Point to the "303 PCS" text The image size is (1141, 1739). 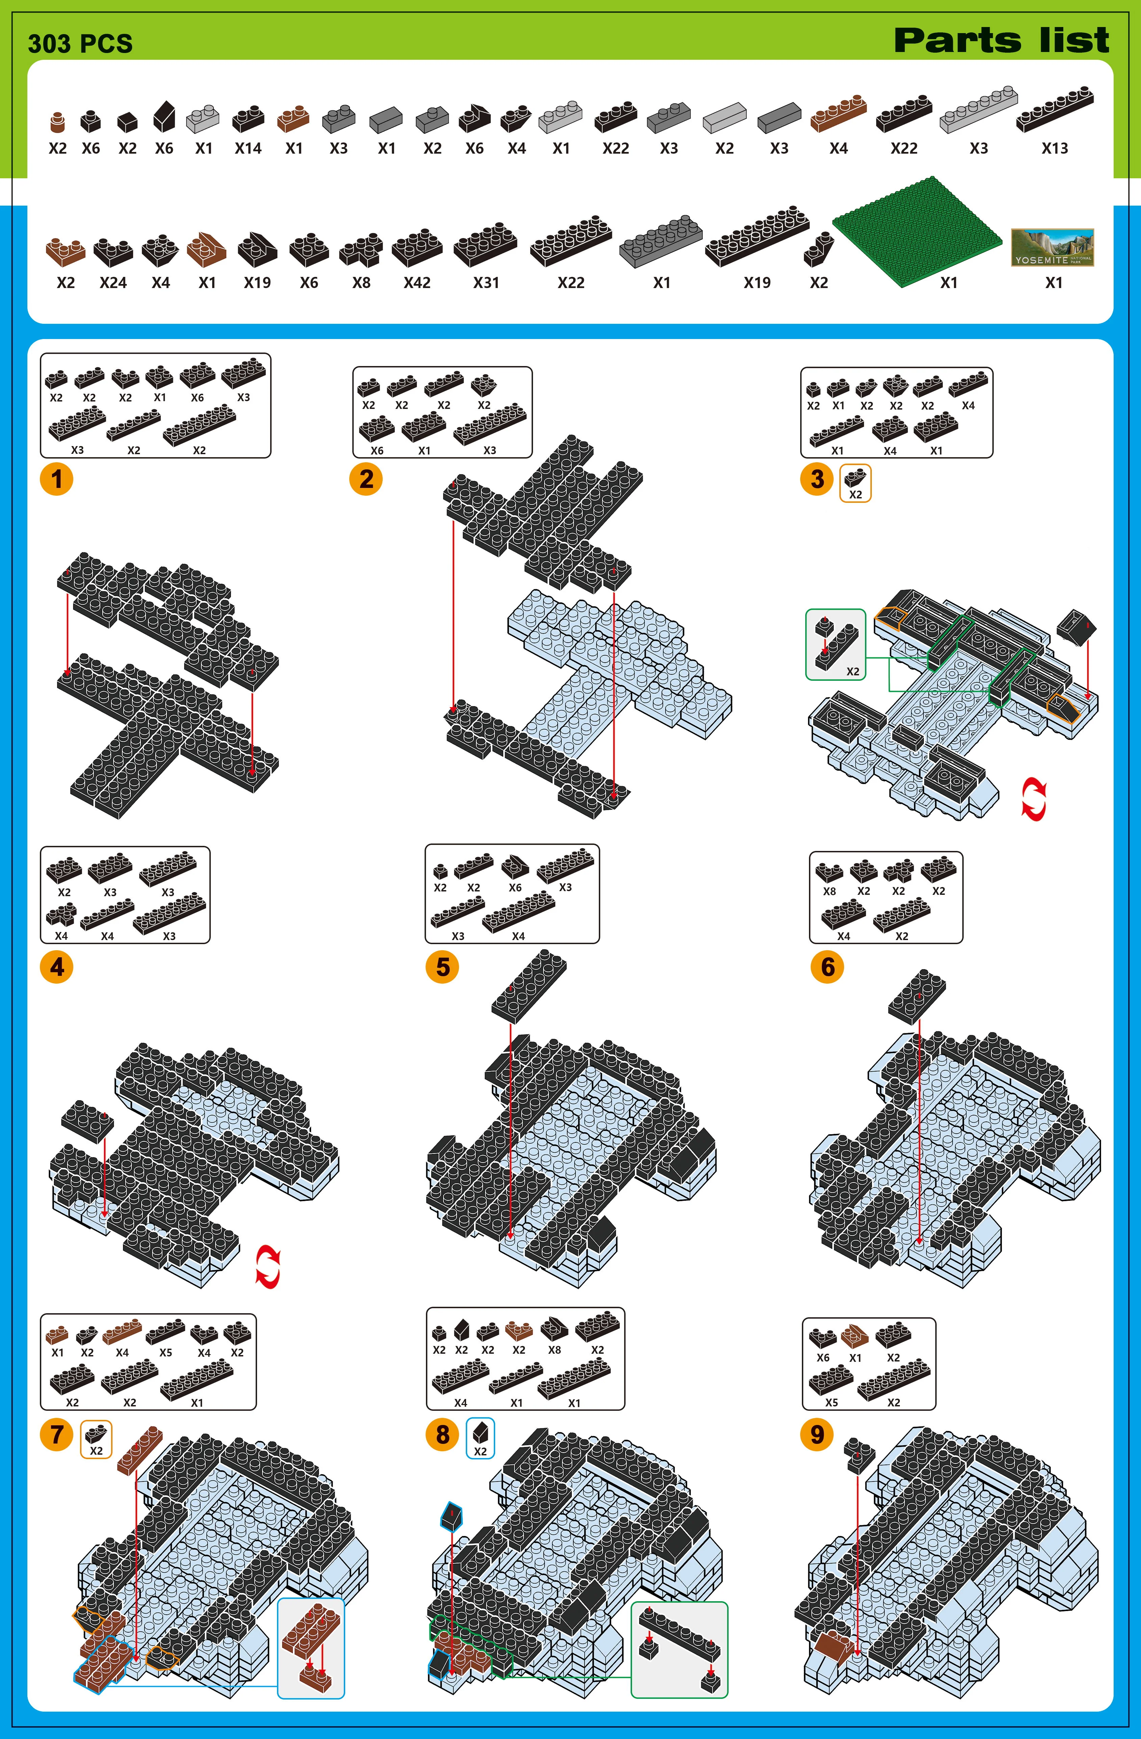point(80,44)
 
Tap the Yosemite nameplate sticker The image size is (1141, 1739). point(1053,247)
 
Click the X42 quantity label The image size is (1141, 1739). point(416,283)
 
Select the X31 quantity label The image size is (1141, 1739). point(486,283)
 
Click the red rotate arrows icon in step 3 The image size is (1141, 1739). point(1034,799)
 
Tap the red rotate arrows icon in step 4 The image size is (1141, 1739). point(268,1266)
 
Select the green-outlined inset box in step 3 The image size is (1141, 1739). point(835,645)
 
